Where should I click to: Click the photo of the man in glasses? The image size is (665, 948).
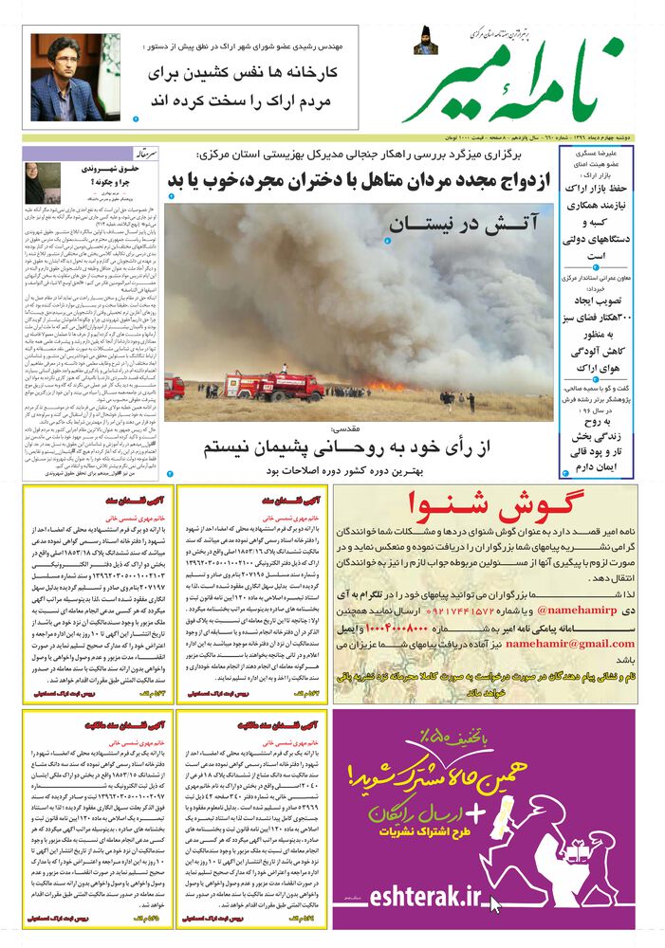tap(67, 77)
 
